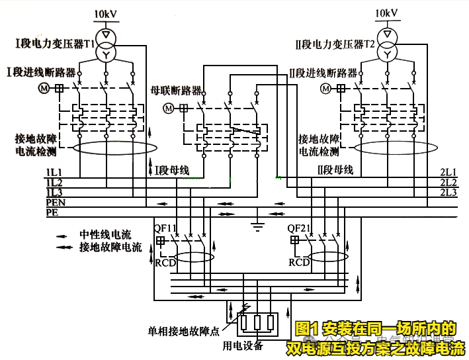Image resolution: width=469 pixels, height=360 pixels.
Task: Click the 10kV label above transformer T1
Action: tap(105, 13)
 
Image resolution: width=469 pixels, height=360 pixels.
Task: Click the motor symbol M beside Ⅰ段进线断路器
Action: tap(45, 88)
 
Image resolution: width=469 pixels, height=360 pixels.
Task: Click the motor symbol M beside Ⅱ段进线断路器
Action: tap(326, 88)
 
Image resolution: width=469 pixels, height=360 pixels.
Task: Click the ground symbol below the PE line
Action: tap(256, 228)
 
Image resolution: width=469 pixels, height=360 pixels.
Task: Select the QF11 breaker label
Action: tap(165, 228)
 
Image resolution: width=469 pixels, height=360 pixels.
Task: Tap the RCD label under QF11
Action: tap(165, 262)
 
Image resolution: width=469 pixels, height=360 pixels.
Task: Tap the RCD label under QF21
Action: tap(299, 262)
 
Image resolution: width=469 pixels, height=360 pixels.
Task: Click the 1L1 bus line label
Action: tap(54, 173)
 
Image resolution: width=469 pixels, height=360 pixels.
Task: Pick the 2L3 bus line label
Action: tap(448, 193)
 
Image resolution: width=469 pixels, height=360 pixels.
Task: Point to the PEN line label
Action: tap(56, 202)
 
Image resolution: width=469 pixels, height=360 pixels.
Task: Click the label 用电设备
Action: tap(243, 346)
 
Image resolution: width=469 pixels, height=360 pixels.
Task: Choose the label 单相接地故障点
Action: tap(183, 330)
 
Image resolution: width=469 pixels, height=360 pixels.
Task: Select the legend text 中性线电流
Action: tap(106, 235)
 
